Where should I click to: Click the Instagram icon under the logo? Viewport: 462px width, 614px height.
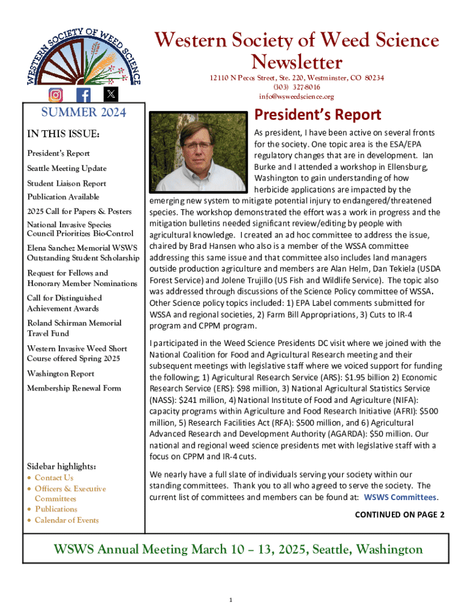56,95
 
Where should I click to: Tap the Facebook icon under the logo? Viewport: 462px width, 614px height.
83,95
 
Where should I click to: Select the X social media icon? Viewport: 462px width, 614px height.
112,94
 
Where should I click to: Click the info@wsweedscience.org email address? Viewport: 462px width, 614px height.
296,97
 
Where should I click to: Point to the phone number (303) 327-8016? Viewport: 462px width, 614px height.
296,88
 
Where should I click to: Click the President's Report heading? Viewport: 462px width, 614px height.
318,114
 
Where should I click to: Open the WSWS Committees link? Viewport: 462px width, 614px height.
401,497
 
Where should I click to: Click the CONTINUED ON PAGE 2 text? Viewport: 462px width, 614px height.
400,514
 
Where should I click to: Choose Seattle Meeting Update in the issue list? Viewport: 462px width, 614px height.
67,168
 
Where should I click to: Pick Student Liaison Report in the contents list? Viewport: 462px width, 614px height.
67,183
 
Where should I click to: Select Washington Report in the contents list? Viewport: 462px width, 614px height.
61,374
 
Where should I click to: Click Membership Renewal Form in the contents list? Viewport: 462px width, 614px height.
74,388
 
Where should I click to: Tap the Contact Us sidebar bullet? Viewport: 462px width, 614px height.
54,478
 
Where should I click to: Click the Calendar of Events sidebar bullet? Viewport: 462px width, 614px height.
67,520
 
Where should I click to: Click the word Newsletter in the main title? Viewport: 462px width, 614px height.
296,62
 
